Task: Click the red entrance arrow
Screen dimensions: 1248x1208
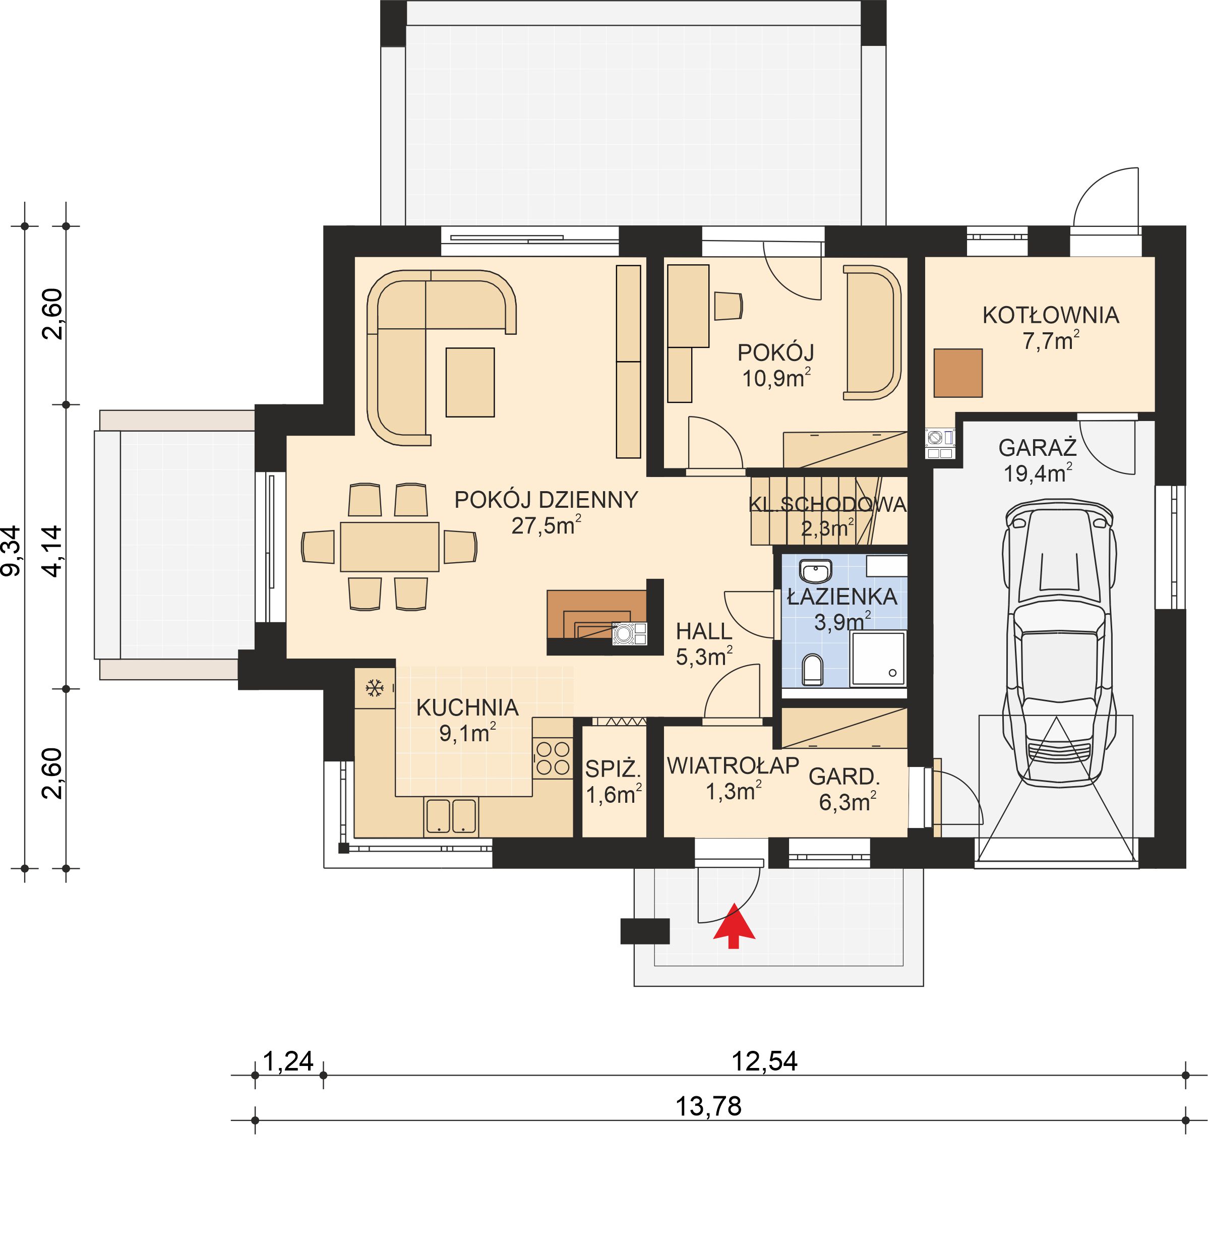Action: (x=734, y=925)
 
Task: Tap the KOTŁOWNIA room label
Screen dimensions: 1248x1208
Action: (x=1050, y=315)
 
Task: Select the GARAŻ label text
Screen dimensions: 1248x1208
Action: (x=1037, y=448)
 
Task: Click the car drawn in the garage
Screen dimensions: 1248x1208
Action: (x=1059, y=643)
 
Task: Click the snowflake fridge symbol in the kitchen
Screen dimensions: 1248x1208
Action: (x=374, y=688)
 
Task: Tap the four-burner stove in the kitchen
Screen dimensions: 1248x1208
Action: (x=552, y=758)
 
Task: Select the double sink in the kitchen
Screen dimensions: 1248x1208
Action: (x=451, y=816)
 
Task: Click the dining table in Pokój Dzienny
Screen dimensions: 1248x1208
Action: (x=389, y=546)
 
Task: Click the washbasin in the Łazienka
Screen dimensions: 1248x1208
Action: (x=816, y=571)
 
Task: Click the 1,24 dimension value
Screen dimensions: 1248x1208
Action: (x=288, y=1061)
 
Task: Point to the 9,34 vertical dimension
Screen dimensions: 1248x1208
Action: (x=12, y=551)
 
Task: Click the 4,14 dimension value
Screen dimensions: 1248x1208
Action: (x=52, y=551)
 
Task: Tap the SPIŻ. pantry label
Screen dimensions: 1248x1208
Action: (x=612, y=769)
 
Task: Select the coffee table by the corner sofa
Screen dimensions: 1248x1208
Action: (x=470, y=382)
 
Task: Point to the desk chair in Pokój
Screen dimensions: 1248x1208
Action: (x=728, y=306)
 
